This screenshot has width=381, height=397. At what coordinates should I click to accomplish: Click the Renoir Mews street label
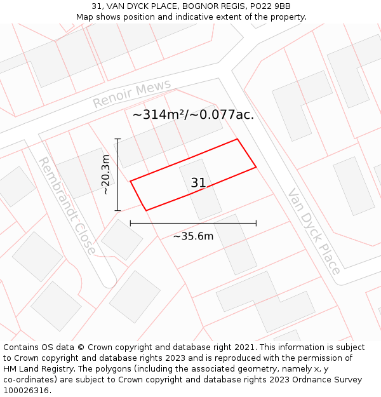132,94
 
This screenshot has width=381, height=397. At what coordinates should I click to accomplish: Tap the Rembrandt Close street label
67,206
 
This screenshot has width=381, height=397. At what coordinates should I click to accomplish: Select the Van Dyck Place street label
314,231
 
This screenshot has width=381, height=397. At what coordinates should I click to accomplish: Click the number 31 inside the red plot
198,183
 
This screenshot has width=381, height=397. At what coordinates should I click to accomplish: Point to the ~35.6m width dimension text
193,236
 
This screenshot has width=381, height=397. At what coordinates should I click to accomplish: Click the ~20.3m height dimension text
105,174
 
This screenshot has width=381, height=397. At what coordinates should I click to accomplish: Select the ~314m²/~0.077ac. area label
193,115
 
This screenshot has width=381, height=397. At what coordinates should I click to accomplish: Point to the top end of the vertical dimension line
118,138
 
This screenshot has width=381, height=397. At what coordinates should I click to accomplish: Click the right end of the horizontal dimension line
256,223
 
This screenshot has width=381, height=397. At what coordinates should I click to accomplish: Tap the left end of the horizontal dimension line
130,223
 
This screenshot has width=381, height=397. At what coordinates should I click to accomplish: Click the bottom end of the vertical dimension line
118,210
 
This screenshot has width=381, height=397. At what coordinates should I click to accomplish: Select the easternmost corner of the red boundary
256,167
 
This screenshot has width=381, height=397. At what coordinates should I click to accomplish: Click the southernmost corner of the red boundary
147,210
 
